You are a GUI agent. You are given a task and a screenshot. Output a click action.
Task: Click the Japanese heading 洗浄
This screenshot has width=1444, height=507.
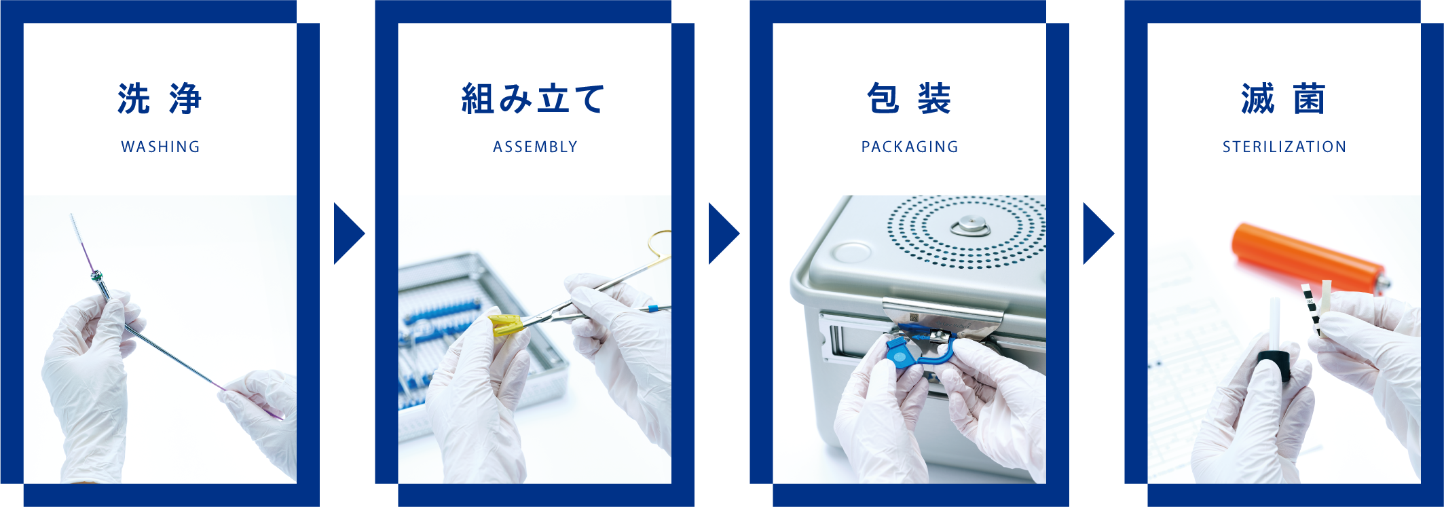(160, 99)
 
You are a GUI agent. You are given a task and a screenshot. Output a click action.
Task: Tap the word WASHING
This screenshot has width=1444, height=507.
(160, 147)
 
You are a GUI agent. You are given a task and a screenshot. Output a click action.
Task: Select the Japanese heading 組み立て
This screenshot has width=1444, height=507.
(534, 99)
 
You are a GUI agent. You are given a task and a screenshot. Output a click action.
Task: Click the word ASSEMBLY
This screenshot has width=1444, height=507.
(535, 147)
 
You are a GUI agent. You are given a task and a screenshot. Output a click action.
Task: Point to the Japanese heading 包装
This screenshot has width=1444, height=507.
(909, 99)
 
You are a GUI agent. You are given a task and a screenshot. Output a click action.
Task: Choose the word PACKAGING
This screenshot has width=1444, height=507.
(910, 147)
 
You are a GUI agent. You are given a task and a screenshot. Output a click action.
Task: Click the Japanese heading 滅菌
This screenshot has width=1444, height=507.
(1284, 99)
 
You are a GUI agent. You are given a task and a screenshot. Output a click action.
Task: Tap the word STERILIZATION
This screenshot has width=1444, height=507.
(1284, 147)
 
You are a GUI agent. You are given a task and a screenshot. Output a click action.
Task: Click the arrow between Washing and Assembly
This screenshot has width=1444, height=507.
(348, 233)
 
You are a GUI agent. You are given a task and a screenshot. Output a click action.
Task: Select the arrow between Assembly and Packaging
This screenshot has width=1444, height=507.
(723, 233)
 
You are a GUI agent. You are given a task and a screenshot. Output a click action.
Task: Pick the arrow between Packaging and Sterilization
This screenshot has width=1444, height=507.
(1098, 233)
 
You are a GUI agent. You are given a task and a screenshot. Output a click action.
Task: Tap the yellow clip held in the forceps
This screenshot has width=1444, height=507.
(506, 324)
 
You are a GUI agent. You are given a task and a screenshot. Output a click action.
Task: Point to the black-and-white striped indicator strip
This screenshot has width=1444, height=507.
(1311, 309)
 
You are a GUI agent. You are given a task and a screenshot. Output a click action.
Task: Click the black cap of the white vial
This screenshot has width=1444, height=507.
(1274, 367)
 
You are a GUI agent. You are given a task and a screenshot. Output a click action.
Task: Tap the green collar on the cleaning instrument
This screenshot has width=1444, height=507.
(96, 276)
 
